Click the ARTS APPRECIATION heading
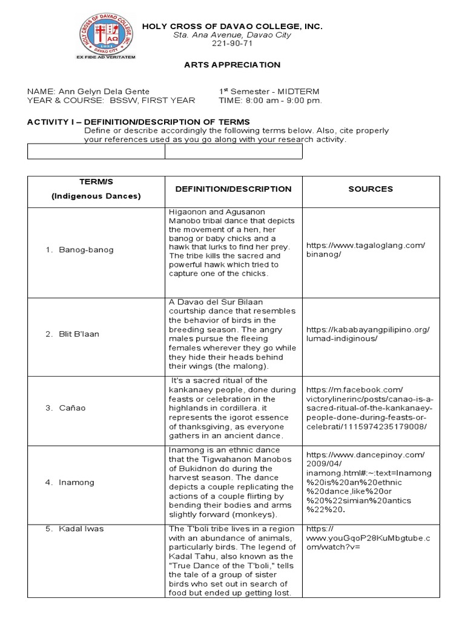coord(232,65)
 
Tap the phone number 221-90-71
coord(232,44)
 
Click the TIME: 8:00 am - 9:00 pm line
coord(270,101)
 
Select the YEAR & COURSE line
coord(111,101)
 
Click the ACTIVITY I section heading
coord(138,122)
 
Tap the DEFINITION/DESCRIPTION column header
coord(233,189)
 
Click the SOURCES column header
coord(371,189)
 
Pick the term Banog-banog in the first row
coord(86,250)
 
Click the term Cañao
coord(74,408)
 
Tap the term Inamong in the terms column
coord(76,483)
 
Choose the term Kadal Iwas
coord(81,529)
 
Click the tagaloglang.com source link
coord(366,250)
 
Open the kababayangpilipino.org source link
coord(368,334)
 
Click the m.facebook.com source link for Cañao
coord(369,408)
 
